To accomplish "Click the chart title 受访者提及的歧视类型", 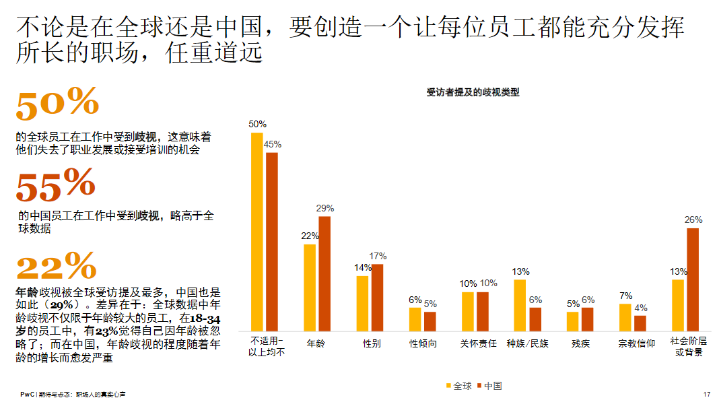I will click(x=473, y=93).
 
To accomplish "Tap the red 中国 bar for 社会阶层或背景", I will click(x=693, y=279).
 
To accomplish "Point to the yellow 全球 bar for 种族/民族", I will click(x=520, y=304).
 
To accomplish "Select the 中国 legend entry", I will click(x=489, y=386).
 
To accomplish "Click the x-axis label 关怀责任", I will click(x=478, y=343).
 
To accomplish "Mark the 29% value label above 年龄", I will click(x=325, y=208).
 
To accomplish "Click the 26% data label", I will click(x=693, y=220).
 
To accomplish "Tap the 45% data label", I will click(x=273, y=144).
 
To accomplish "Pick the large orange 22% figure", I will click(x=56, y=267).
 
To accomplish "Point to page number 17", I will click(x=706, y=394).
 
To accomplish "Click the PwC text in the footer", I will click(x=27, y=394).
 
